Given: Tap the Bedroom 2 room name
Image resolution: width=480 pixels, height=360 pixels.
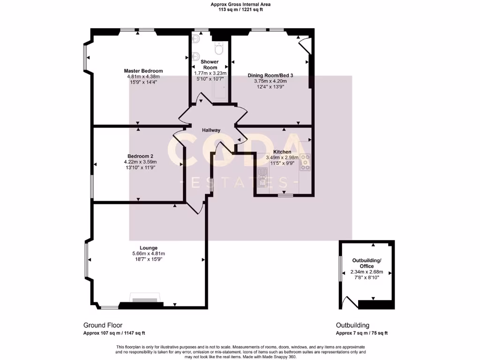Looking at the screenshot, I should [x=140, y=156].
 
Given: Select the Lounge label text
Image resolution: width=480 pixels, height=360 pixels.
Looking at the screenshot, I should [x=148, y=247].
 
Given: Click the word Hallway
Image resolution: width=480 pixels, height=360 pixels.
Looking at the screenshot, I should [x=211, y=130].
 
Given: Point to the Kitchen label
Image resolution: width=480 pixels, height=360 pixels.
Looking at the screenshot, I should [x=282, y=152].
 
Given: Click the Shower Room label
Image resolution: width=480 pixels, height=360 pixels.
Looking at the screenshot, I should [x=210, y=65].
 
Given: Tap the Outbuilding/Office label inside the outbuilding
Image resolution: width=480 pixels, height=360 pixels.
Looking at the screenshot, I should [x=367, y=263].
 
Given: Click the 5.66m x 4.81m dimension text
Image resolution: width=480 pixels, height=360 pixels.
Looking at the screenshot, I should [x=148, y=254].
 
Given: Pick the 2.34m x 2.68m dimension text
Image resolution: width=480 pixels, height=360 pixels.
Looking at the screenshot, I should [x=367, y=272].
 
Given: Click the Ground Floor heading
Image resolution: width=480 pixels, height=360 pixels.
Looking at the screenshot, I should [x=103, y=325].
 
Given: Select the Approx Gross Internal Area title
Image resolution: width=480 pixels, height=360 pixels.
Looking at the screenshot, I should [x=240, y=4].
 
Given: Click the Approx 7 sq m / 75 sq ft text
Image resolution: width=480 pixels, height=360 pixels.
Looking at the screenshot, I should [x=361, y=333].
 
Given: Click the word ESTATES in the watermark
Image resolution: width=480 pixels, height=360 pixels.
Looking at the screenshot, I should [x=240, y=182].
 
